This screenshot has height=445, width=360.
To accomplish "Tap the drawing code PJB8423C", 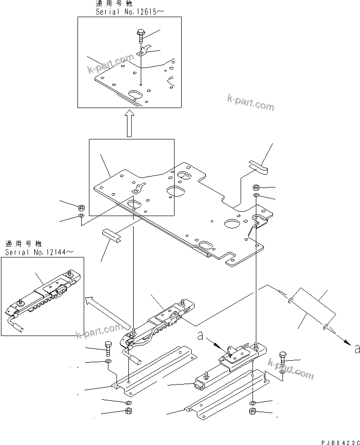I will (334, 440).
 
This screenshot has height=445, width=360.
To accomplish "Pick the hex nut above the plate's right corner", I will (256, 187).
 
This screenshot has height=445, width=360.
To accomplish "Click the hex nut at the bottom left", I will (128, 411).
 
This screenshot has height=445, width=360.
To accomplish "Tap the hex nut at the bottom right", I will (253, 411).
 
